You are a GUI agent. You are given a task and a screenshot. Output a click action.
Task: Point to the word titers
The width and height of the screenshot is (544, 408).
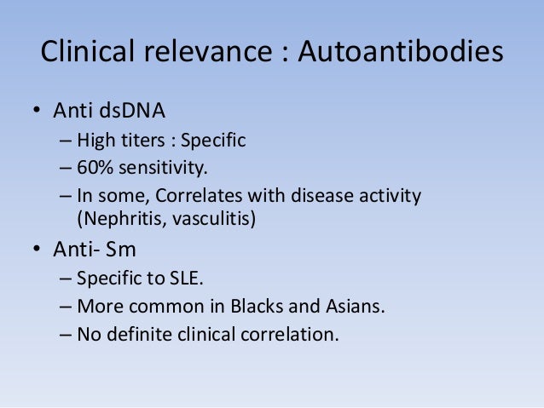point(137,140)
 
